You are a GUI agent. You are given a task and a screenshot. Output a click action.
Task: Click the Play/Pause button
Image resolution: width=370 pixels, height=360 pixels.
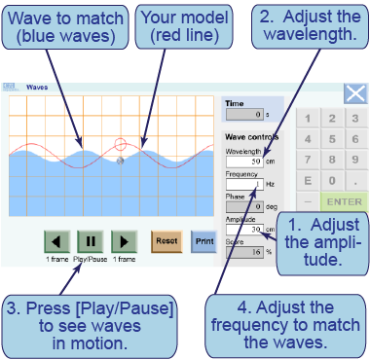pyautogui.click(x=91, y=240)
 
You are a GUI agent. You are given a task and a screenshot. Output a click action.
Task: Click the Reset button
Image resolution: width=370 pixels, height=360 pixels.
pyautogui.click(x=166, y=240)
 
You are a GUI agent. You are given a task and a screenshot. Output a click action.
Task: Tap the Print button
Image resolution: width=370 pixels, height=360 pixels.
pyautogui.click(x=203, y=240)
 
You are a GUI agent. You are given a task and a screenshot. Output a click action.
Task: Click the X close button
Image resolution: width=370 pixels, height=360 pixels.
pyautogui.click(x=355, y=94)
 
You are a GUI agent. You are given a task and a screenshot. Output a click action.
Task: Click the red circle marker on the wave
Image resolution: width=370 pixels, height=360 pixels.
pyautogui.click(x=120, y=145)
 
